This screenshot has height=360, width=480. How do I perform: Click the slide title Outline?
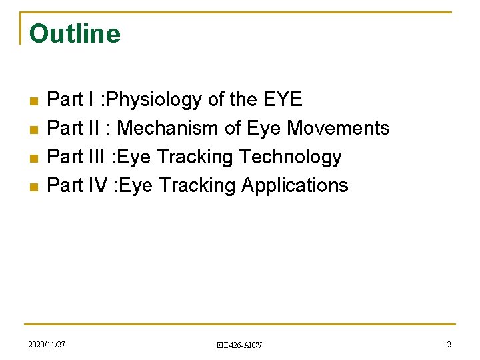pos(75,33)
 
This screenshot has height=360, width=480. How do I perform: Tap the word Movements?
pos(338,128)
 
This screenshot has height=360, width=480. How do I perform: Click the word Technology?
pos(290,157)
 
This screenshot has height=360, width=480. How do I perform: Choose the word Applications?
pos(295,185)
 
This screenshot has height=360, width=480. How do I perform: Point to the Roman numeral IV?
pos(97,185)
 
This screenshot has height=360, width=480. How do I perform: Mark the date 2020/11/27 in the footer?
pos(47,344)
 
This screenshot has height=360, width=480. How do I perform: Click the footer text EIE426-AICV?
pos(239,345)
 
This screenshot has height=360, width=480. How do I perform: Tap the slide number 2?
pos(449,344)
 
